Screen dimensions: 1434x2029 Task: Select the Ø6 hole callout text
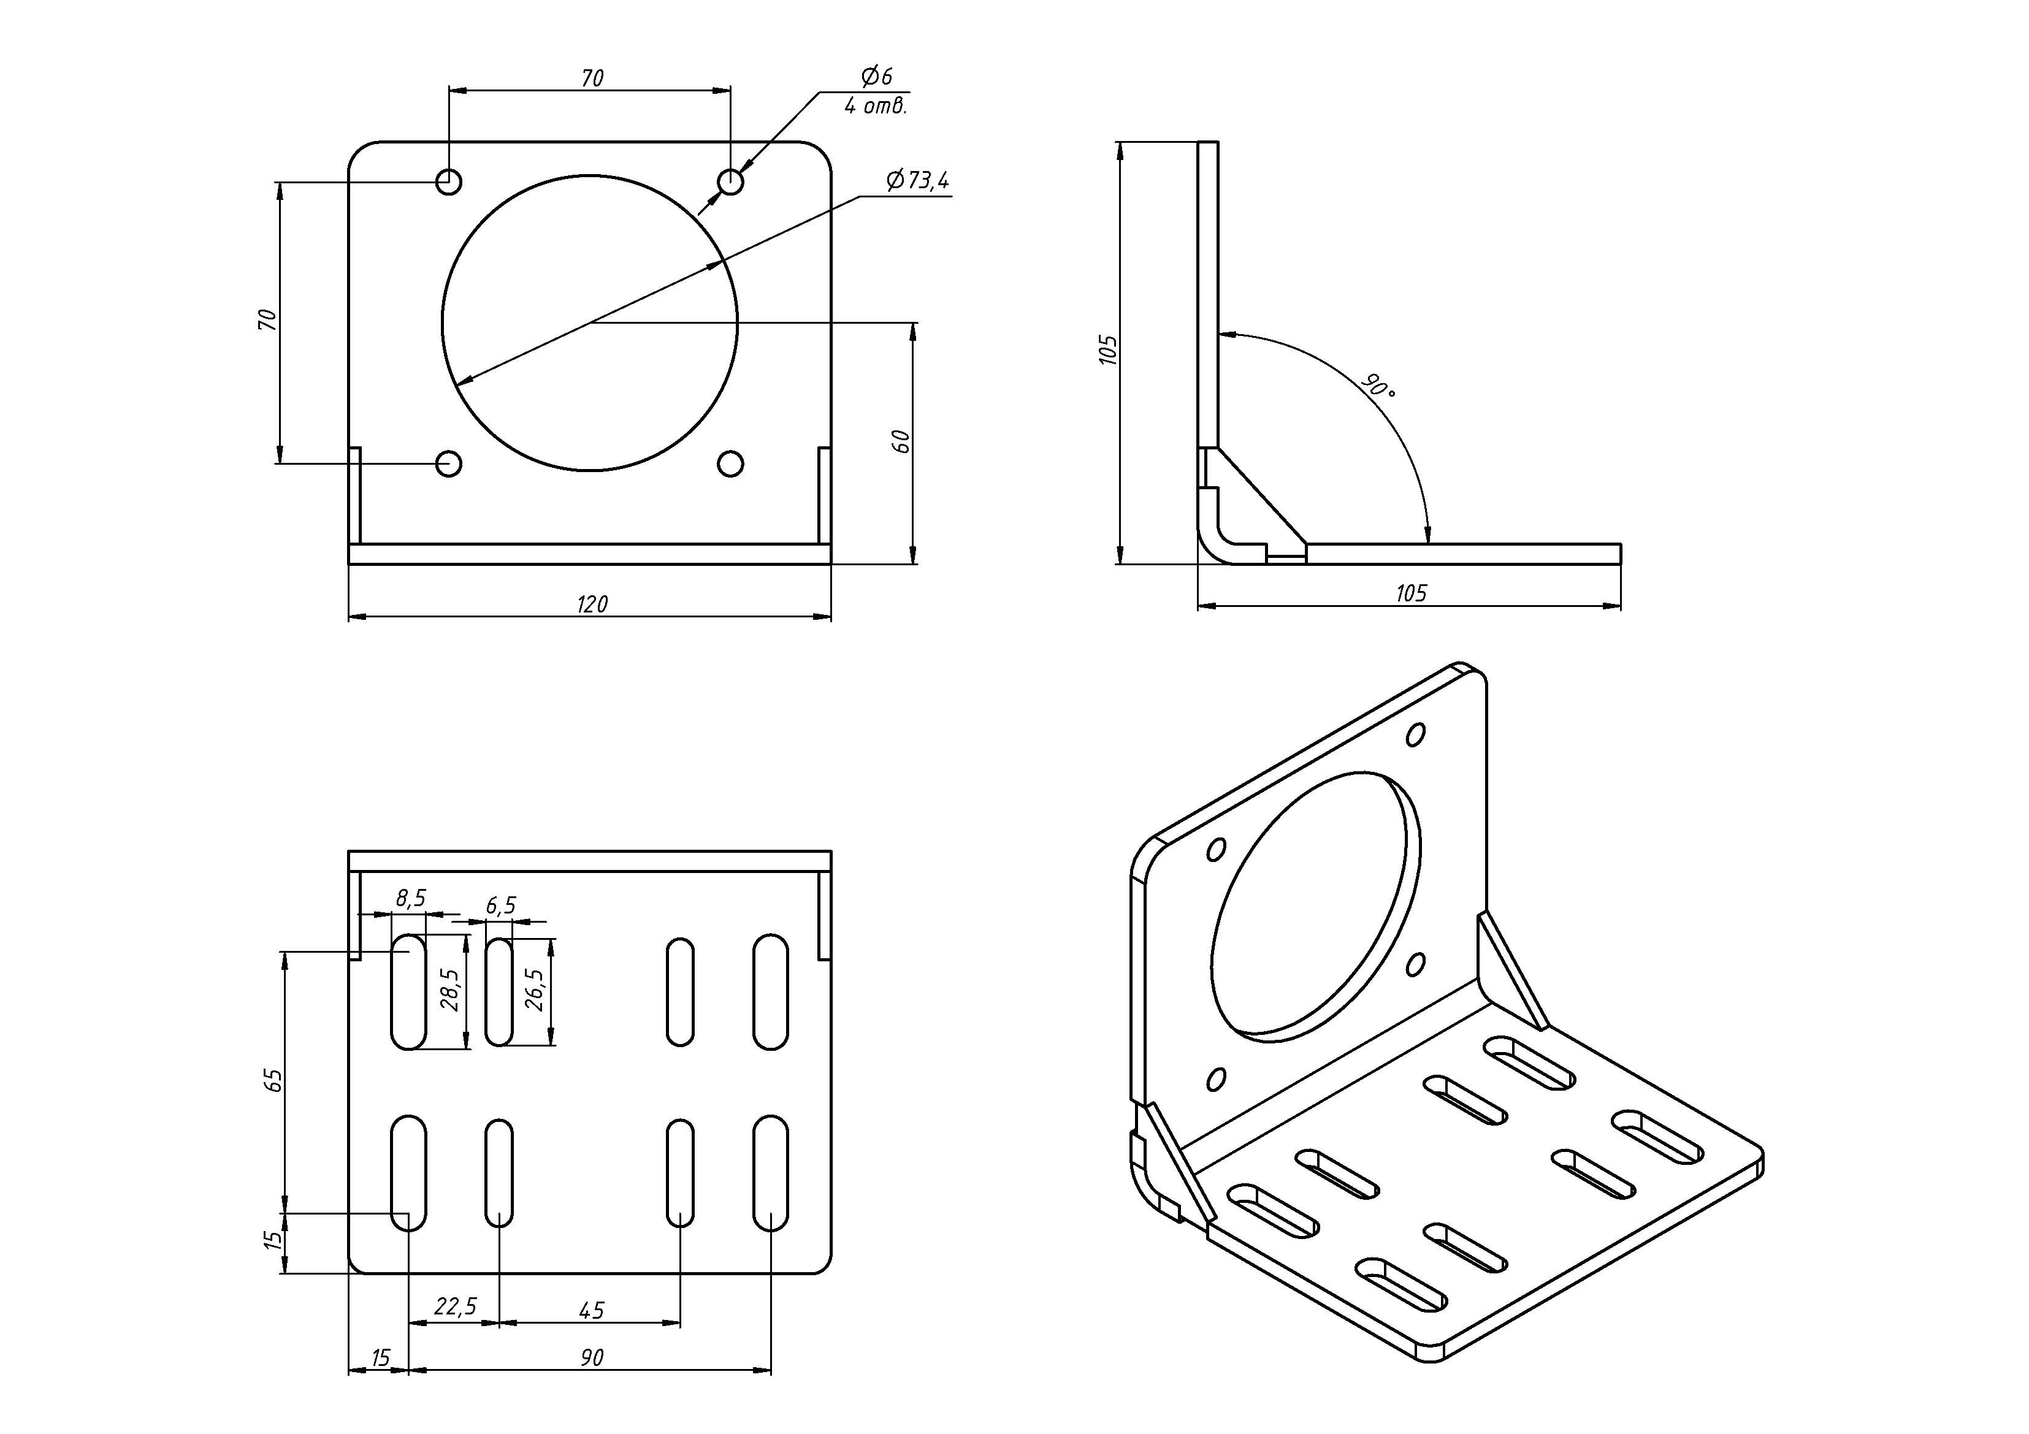877,76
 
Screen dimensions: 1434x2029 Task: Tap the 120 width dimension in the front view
592,604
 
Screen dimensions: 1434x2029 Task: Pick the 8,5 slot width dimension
410,899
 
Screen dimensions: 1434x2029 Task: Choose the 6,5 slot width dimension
500,906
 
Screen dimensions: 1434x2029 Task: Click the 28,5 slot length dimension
450,990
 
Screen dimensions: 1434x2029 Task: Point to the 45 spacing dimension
591,1310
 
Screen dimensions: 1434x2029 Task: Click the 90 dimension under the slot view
591,1358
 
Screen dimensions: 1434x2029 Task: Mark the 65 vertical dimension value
275,1080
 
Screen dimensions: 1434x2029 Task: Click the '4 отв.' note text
875,107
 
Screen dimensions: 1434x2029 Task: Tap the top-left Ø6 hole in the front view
449,182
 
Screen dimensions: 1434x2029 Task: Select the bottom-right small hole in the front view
730,464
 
